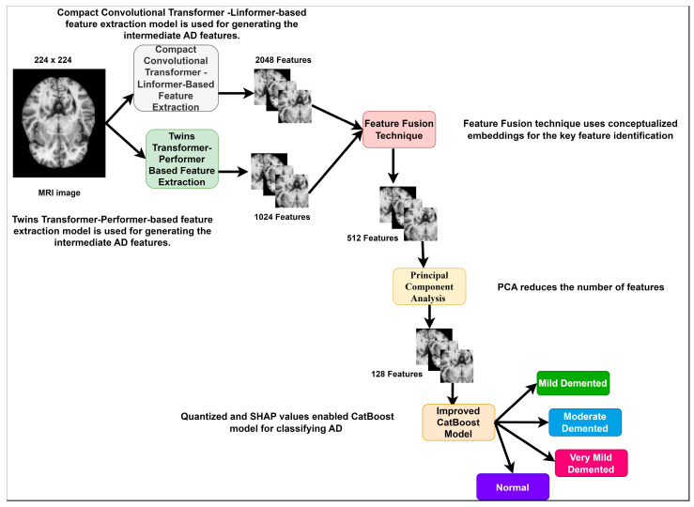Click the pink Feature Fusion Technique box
[x=399, y=130]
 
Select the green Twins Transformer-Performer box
[x=182, y=159]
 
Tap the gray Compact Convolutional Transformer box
[x=176, y=78]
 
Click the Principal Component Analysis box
[x=429, y=286]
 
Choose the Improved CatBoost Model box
[x=458, y=422]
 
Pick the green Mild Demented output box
[x=573, y=383]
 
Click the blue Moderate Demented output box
[x=585, y=422]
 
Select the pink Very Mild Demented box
[x=591, y=463]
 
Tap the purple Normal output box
[x=513, y=487]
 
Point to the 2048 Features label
[x=283, y=60]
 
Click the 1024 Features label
[x=282, y=217]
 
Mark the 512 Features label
[x=372, y=238]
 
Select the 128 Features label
[x=396, y=374]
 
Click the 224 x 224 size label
[x=53, y=60]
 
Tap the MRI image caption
[x=59, y=192]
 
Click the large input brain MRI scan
[x=59, y=123]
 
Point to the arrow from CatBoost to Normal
[x=504, y=448]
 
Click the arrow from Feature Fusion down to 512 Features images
[x=393, y=166]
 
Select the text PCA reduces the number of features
[x=580, y=287]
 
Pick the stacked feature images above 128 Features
[x=444, y=355]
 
